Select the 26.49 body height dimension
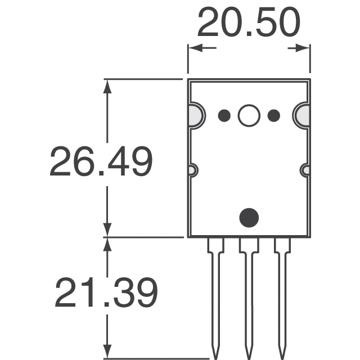(x=101, y=162)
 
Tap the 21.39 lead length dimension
(x=106, y=293)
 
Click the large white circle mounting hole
(x=249, y=116)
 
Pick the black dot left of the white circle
(x=224, y=116)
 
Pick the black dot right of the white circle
(x=274, y=116)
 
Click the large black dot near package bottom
(x=249, y=217)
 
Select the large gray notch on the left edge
(x=194, y=115)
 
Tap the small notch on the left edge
(x=192, y=169)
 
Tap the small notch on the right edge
(x=305, y=169)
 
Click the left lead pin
(x=215, y=292)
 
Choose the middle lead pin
(x=248, y=292)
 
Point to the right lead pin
(x=282, y=292)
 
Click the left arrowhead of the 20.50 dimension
(x=195, y=49)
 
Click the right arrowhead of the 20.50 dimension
(x=304, y=49)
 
